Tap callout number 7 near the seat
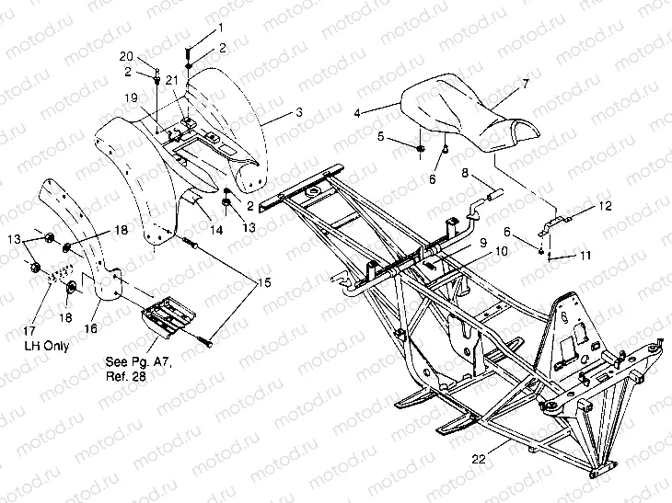pyautogui.click(x=525, y=84)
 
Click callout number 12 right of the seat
pyautogui.click(x=603, y=206)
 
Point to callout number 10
pyautogui.click(x=500, y=251)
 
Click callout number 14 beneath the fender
pyautogui.click(x=215, y=229)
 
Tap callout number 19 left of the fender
pyautogui.click(x=132, y=97)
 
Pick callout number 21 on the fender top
pyautogui.click(x=171, y=81)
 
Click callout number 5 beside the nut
pyautogui.click(x=378, y=136)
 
